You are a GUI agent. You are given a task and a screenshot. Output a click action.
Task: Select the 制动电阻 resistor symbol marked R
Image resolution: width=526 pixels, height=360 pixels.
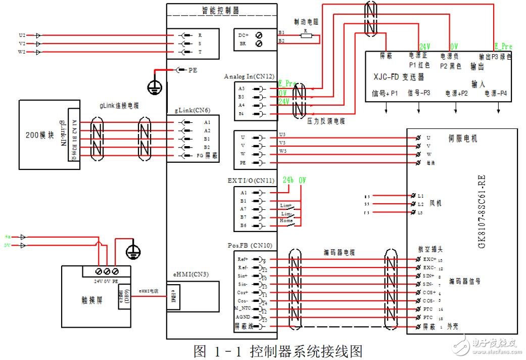point(306,35)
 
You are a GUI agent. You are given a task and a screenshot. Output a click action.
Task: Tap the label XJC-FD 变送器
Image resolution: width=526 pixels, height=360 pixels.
point(399,77)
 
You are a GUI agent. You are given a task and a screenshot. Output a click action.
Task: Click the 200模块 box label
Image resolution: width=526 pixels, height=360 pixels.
point(39,135)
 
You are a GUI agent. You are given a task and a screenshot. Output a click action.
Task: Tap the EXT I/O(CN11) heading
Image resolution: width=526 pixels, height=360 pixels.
point(251,180)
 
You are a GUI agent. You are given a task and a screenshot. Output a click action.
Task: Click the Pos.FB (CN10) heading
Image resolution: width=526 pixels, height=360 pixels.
point(250,246)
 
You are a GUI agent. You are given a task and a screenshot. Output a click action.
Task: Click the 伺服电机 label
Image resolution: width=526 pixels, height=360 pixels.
point(462,139)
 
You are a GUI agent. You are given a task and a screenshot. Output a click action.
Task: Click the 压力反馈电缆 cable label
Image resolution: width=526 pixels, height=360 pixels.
point(326,121)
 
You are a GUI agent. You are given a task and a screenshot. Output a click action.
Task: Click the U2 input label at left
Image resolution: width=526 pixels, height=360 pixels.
point(22,35)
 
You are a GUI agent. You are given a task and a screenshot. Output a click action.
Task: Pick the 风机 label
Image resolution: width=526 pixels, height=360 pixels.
point(435,203)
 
